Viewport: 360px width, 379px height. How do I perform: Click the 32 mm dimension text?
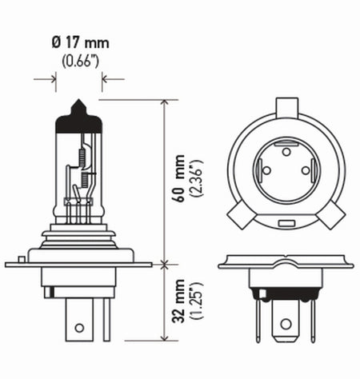point(178,301)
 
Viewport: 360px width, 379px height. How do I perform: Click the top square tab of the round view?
point(286,106)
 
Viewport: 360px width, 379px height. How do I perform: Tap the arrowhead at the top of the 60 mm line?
point(164,103)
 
